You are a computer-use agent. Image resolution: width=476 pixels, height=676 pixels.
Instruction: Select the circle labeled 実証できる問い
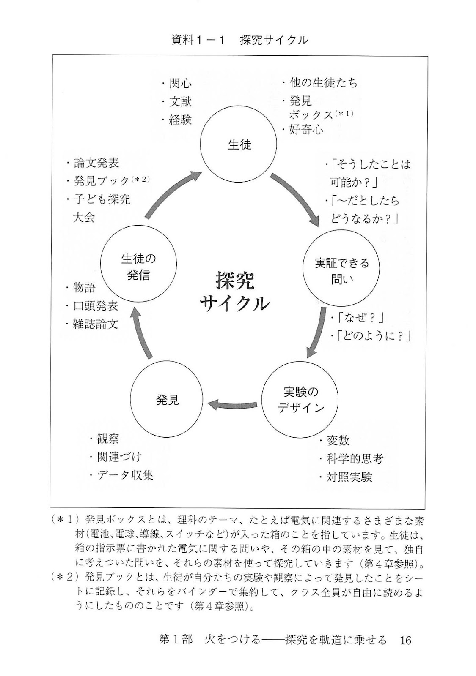tap(341, 271)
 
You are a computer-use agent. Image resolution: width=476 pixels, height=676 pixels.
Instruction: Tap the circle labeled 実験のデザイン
tap(300, 400)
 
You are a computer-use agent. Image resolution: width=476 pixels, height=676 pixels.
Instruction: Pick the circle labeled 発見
tap(168, 400)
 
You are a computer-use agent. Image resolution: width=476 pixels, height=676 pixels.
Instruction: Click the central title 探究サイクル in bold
tap(234, 291)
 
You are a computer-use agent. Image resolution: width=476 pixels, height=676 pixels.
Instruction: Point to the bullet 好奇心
tap(306, 129)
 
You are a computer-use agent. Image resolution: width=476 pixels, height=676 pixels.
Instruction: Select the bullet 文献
tap(180, 101)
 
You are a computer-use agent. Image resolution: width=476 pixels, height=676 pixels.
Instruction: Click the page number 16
tap(405, 641)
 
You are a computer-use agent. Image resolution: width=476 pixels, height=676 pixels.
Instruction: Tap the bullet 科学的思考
tap(355, 459)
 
